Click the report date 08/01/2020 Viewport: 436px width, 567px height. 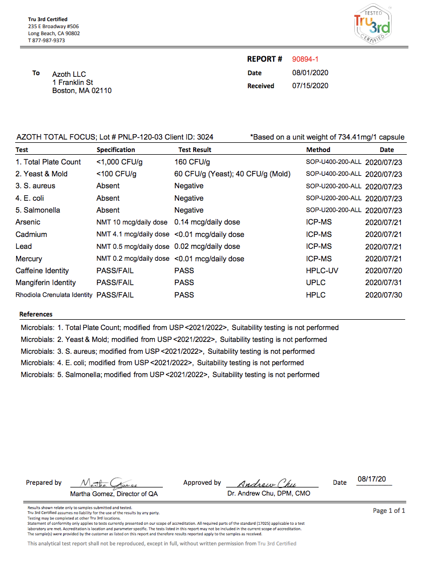tap(310, 72)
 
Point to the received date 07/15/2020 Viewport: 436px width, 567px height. tap(310, 85)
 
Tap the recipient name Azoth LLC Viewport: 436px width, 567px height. tap(69, 74)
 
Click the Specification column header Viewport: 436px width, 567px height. tap(116, 150)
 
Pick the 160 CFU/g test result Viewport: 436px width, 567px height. tap(192, 162)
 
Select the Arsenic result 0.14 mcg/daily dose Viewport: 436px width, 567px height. tap(207, 222)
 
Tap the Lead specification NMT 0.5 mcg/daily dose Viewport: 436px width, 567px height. tap(133, 246)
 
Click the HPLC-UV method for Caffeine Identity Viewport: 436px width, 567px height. tap(322, 271)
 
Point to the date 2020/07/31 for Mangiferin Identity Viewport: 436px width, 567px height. tap(384, 282)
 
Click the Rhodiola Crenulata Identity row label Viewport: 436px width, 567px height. tap(54, 295)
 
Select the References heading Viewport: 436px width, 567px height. tap(36, 314)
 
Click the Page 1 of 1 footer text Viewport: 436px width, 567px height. tap(389, 511)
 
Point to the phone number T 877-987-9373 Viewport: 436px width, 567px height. tap(47, 41)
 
